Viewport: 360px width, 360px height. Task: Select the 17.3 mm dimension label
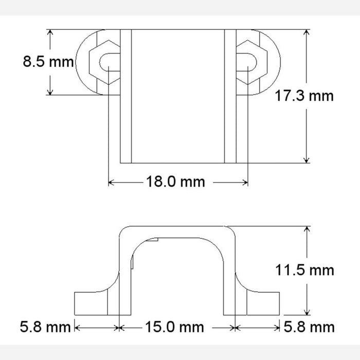[x=304, y=96]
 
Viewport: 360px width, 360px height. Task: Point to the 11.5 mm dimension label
[x=304, y=269]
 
